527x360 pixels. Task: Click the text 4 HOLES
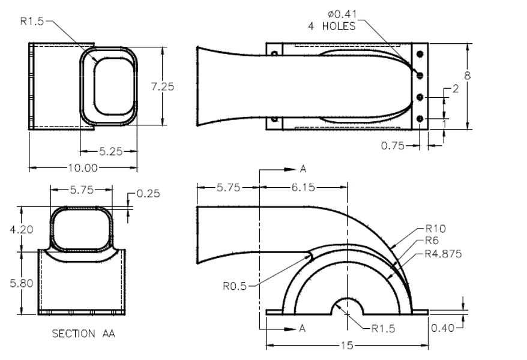coord(332,26)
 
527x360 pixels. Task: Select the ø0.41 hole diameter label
coord(342,14)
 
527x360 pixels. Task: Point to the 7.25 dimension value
coord(163,86)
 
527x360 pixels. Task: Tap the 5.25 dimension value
coord(111,151)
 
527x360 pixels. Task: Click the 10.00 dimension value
coord(83,167)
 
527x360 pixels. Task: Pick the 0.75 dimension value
coord(393,146)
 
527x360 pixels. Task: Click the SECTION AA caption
coord(83,334)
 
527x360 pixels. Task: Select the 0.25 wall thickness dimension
coord(148,194)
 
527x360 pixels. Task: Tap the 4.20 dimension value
coord(22,230)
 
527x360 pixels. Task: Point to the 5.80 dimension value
coord(22,283)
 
